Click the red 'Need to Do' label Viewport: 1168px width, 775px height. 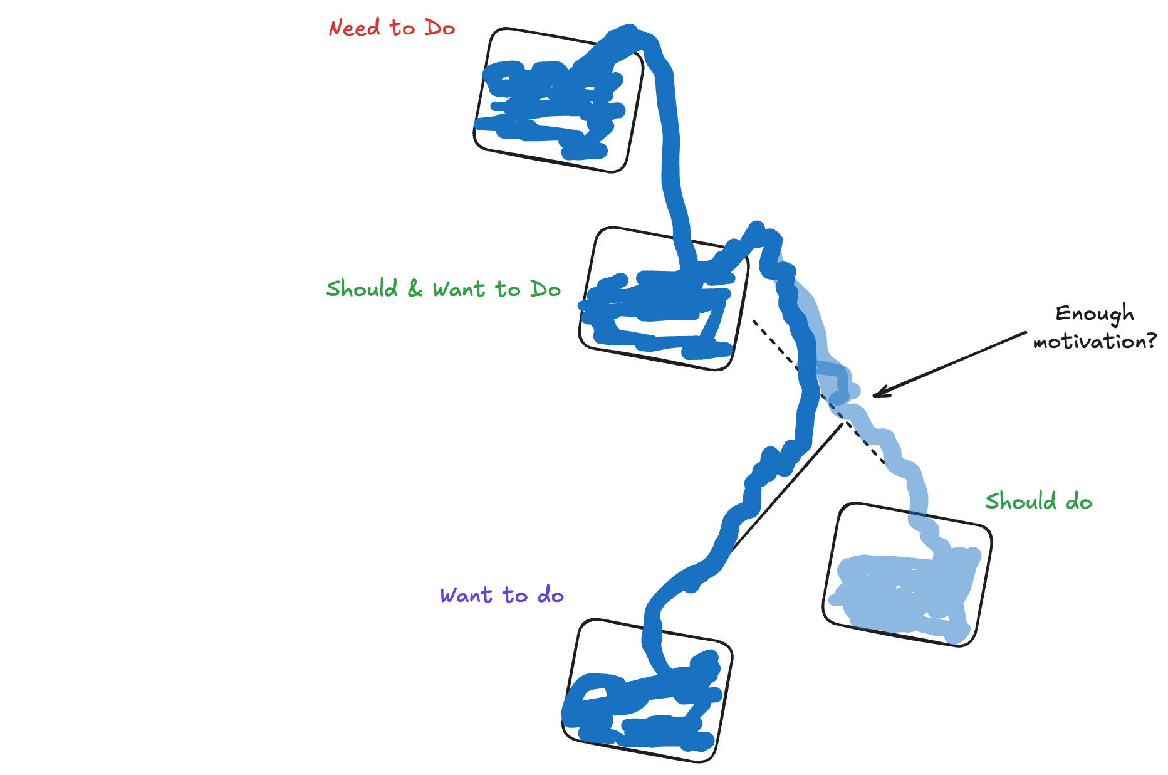pos(392,28)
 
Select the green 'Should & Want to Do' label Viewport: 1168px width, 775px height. pos(443,289)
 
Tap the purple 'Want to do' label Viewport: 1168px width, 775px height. pos(501,595)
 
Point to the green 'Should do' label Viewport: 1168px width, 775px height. pos(1038,502)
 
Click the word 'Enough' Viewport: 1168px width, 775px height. pos(1094,314)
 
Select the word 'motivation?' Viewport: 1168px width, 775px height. pos(1094,342)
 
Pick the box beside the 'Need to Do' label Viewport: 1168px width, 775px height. pos(558,100)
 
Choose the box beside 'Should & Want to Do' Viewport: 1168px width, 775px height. pos(663,299)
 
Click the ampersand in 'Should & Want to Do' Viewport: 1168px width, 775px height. pos(415,289)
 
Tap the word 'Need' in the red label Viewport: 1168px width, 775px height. pos(354,28)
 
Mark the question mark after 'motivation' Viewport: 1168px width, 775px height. pos(1150,341)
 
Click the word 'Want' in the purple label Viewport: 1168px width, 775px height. pos(466,595)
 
